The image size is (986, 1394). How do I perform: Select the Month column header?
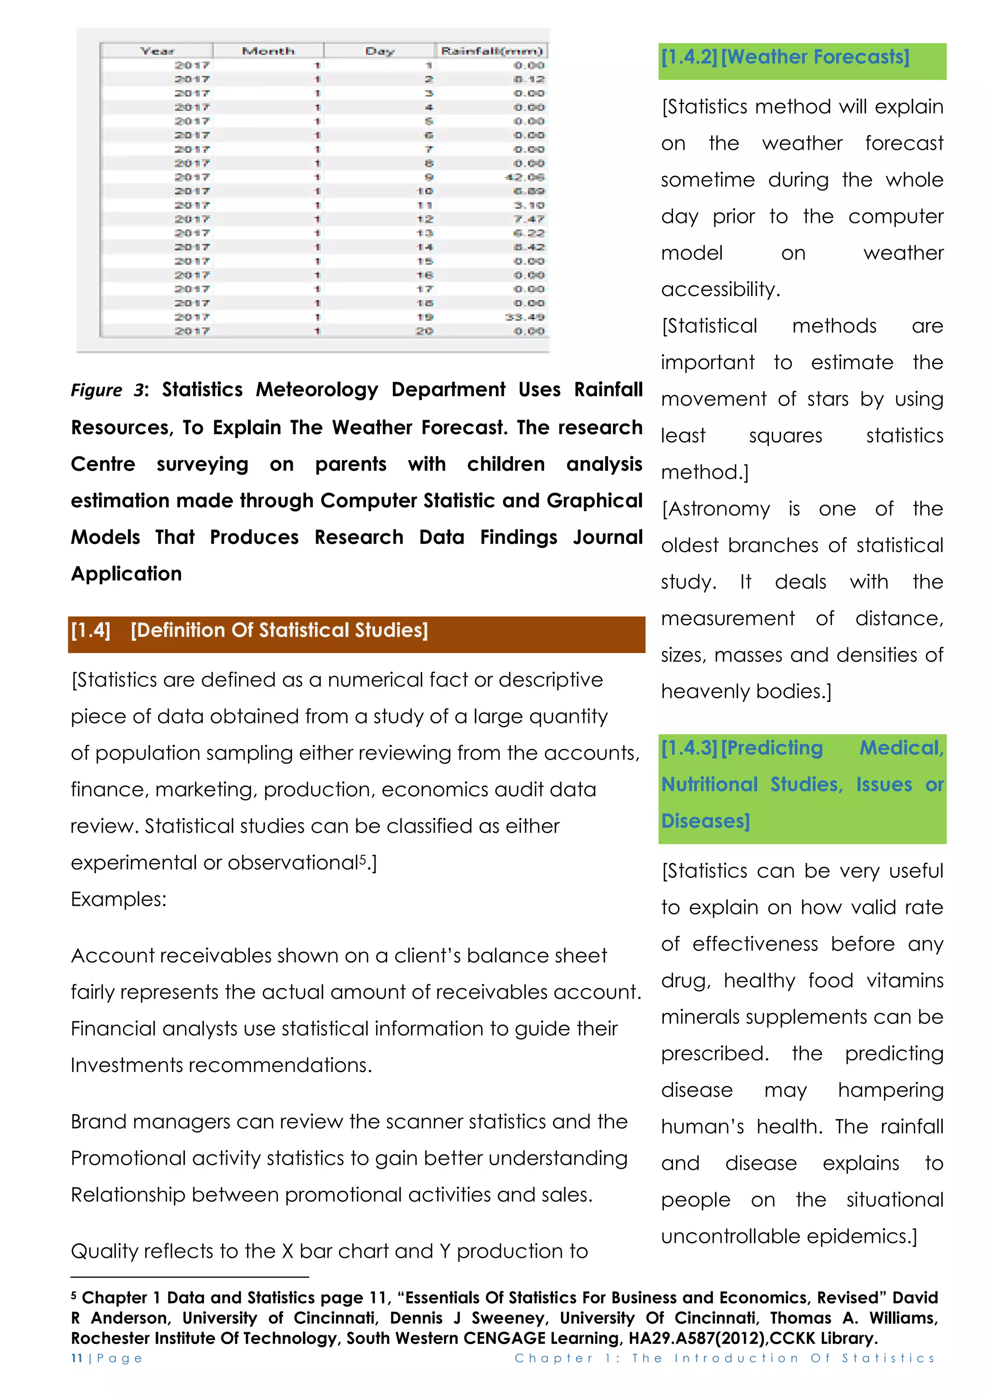point(268,51)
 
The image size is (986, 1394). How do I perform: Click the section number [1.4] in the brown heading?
point(91,630)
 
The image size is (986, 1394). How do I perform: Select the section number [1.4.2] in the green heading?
point(689,57)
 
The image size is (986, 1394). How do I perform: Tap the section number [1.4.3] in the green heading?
point(689,748)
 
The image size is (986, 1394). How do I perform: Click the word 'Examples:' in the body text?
point(118,899)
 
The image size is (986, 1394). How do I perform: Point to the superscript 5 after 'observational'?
point(363,859)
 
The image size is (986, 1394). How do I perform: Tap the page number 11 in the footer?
point(77,1358)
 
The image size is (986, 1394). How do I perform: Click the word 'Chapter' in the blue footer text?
point(554,1358)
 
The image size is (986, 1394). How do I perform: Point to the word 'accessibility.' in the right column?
point(720,290)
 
